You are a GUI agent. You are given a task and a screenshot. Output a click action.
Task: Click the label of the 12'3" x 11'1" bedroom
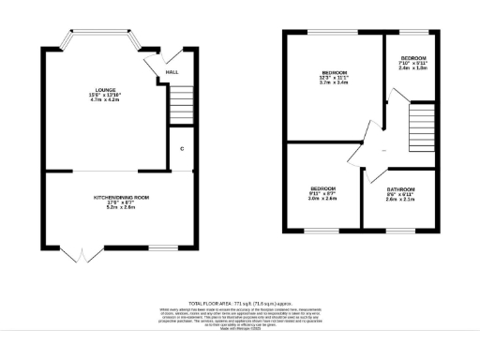[x=336, y=72]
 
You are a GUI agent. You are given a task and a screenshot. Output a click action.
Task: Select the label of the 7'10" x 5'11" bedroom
[x=413, y=56]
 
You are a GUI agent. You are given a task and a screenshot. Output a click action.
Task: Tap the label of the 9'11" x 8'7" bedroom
[x=322, y=188]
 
